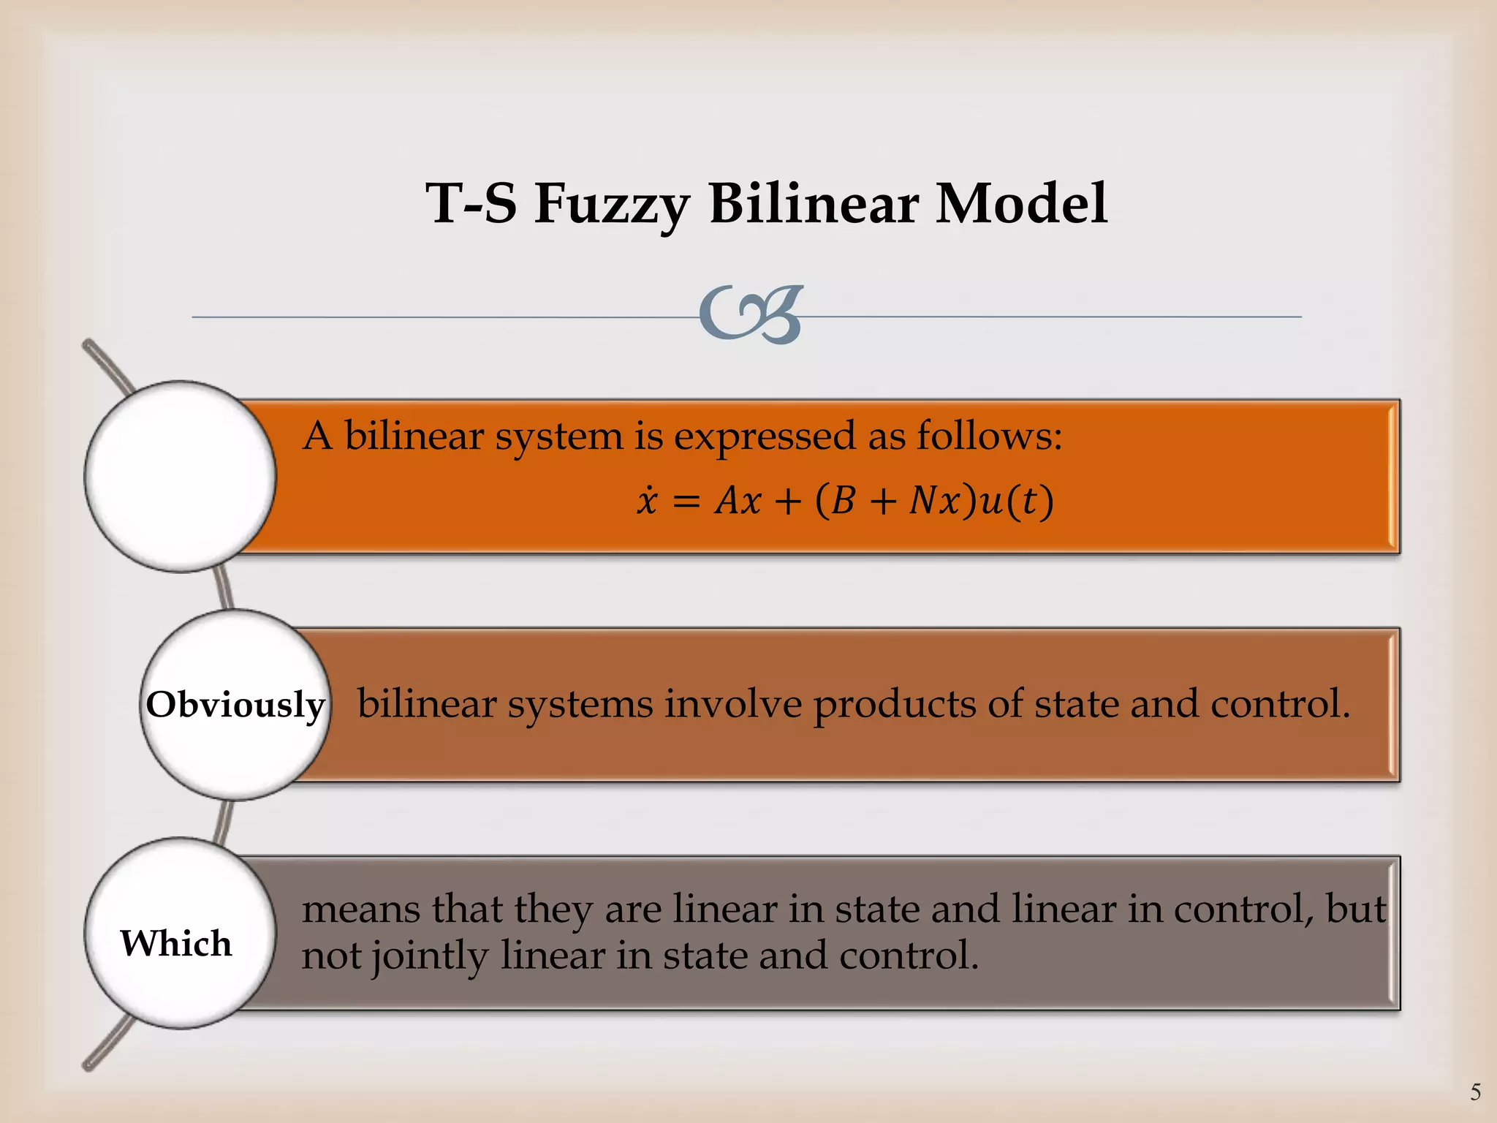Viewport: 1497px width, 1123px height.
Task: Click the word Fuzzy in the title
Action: (612, 204)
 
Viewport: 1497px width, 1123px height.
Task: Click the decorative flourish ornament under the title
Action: (751, 315)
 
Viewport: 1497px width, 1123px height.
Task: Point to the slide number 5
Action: (1476, 1092)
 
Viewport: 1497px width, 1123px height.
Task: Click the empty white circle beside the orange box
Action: (180, 477)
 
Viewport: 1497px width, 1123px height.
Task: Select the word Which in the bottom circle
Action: (176, 942)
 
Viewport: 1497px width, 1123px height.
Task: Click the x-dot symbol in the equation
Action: (647, 501)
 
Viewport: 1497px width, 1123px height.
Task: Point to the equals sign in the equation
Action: (686, 502)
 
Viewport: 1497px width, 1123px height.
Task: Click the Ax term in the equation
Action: (738, 502)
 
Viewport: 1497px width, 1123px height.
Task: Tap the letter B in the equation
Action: (843, 502)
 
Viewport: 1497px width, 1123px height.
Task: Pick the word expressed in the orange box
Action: (764, 437)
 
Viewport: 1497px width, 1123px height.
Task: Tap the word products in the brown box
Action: (895, 706)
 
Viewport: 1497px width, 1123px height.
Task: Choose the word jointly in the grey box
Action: (429, 956)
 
